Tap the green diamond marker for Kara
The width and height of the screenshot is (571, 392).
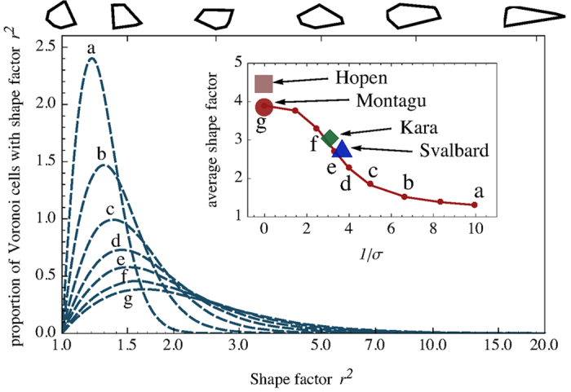pyautogui.click(x=330, y=139)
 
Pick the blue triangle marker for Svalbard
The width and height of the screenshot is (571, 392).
pyautogui.click(x=342, y=148)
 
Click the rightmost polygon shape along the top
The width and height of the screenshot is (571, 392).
pyautogui.click(x=533, y=16)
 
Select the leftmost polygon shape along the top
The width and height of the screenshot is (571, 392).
pyautogui.click(x=64, y=14)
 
